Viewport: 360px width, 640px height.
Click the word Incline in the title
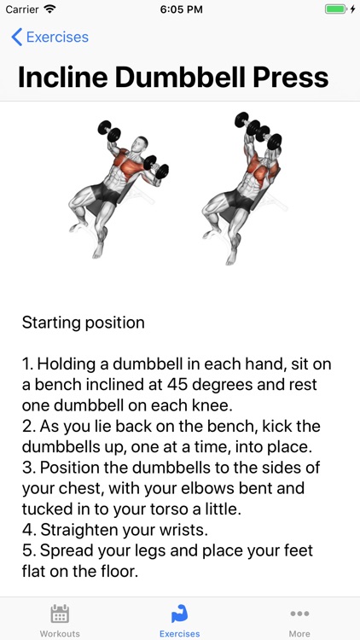point(65,77)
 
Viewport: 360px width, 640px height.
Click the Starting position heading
point(84,323)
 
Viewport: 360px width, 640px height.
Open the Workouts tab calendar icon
point(60,614)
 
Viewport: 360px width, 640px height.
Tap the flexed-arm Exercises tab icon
point(179,614)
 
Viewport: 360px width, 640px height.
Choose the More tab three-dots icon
point(299,614)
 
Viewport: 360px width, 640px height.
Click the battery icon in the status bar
point(335,9)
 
